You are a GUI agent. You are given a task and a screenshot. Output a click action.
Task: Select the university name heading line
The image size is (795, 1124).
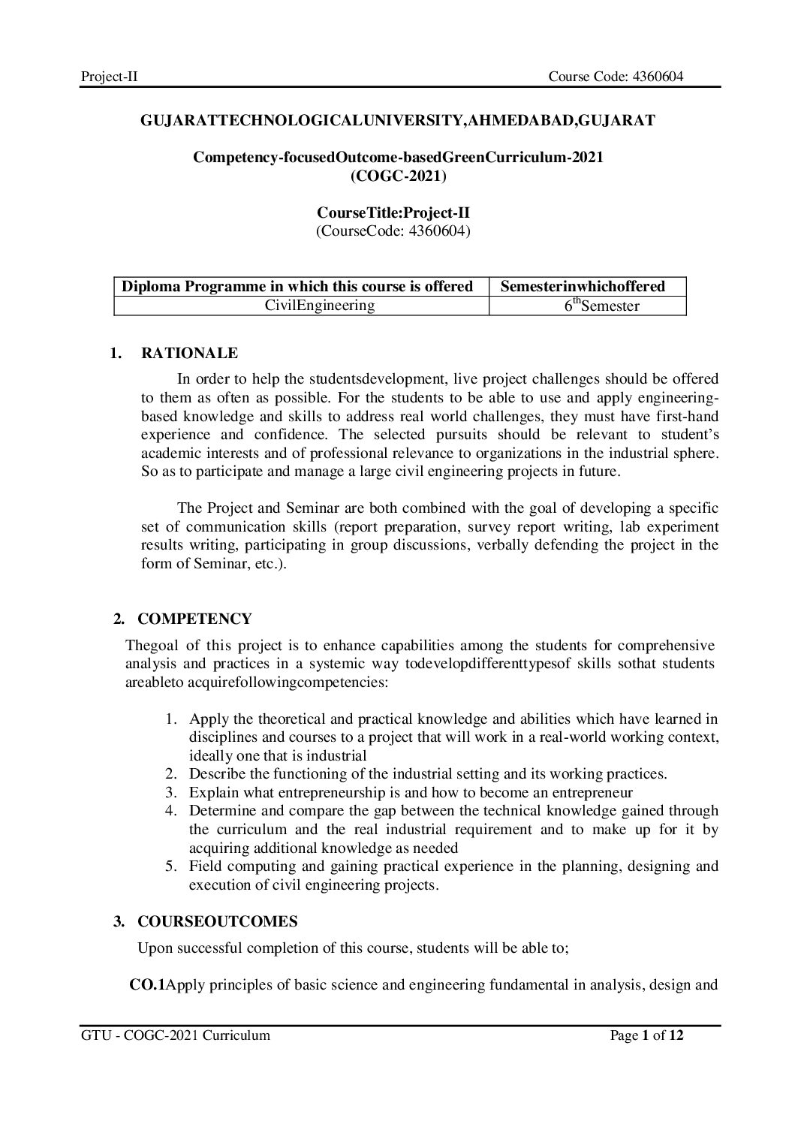pos(398,120)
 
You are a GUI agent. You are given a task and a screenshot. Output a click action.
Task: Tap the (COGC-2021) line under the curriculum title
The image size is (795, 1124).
pos(398,176)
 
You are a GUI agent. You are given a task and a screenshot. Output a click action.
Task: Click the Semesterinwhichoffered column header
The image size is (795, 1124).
pos(583,286)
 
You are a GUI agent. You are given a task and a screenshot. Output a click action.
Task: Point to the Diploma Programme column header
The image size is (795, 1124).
pos(297,286)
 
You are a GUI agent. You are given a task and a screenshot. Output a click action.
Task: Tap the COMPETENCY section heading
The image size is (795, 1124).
pos(194,619)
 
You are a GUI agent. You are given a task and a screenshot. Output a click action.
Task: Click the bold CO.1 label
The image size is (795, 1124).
pos(147,985)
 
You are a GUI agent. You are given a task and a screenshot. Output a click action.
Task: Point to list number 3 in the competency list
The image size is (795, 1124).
pos(170,792)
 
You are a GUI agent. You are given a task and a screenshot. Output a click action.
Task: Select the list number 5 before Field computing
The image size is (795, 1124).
pos(170,866)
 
